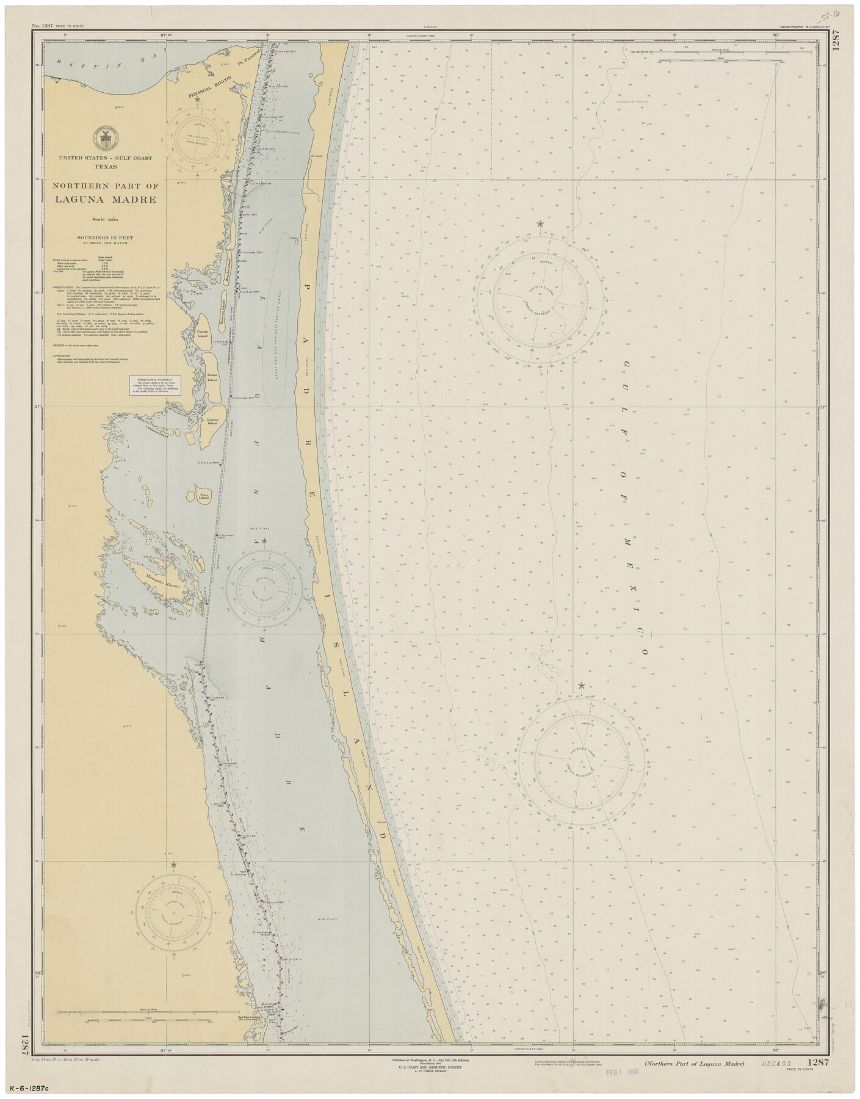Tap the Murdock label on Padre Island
point(316,158)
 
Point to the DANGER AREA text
point(631,101)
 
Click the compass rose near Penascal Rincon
point(197,138)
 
